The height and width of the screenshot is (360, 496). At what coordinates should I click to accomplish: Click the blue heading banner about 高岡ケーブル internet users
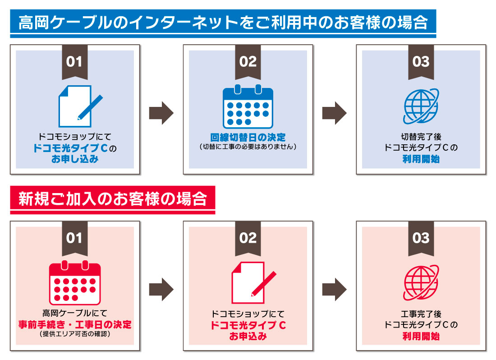click(223, 23)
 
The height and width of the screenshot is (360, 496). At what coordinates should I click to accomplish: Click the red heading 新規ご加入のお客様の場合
click(113, 200)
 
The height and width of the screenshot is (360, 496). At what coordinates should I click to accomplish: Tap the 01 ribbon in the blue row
click(75, 62)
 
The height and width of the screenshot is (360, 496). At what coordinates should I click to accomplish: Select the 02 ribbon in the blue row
click(248, 62)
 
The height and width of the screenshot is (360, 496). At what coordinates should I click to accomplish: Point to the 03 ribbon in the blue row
click(421, 62)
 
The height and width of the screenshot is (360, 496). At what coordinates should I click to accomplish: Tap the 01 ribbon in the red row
click(75, 239)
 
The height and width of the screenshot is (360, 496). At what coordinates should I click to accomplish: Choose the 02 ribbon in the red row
click(248, 239)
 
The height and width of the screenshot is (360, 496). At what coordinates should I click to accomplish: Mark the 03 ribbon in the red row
click(421, 239)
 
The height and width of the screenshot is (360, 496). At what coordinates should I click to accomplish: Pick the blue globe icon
click(421, 106)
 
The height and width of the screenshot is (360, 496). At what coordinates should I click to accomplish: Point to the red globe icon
click(421, 283)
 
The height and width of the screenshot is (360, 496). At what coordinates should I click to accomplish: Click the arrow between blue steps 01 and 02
click(161, 113)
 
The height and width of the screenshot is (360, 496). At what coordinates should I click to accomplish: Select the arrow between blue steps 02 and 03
click(335, 113)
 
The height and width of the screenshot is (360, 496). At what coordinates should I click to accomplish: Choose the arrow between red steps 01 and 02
click(161, 290)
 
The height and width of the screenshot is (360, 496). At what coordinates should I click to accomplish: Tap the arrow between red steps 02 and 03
click(335, 290)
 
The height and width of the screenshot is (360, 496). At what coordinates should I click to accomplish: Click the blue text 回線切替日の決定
click(248, 137)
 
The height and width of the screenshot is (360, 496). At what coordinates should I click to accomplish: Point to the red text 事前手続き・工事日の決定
click(75, 324)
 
